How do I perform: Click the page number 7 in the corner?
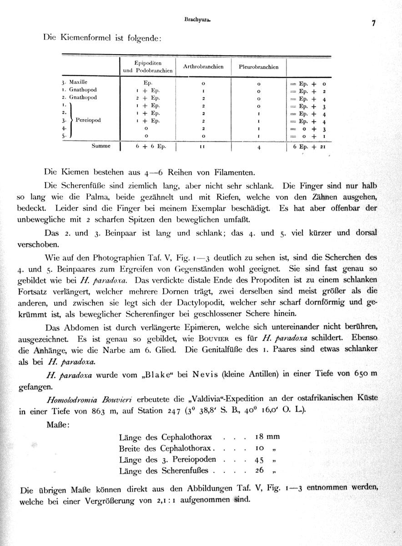click(x=373, y=24)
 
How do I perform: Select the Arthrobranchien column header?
click(x=203, y=67)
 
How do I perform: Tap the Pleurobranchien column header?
click(x=259, y=67)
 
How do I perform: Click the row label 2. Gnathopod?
click(x=79, y=97)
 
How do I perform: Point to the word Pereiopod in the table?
click(x=88, y=121)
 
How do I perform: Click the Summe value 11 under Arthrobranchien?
click(x=203, y=147)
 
